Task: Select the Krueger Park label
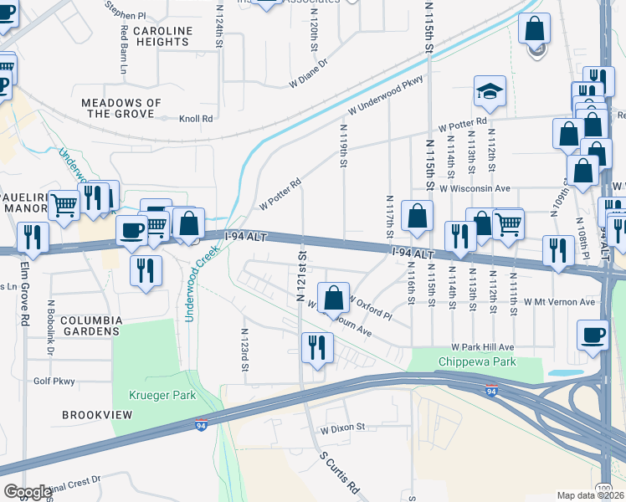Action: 151,393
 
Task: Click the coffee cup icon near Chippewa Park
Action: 593,335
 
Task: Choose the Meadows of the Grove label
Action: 121,108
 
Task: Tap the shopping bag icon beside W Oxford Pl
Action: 333,297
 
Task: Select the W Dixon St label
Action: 343,427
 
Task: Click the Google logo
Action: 27,492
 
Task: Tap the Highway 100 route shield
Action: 604,487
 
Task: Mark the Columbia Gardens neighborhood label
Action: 91,326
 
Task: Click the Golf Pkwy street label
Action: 56,381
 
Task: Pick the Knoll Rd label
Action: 196,119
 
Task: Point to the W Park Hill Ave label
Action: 482,346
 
